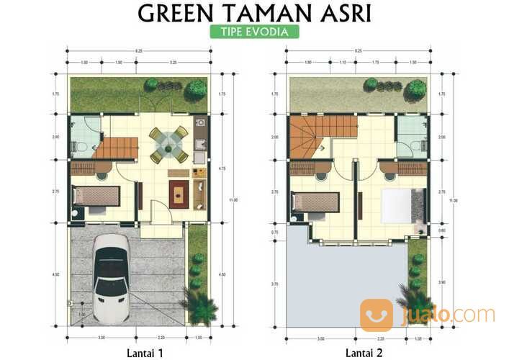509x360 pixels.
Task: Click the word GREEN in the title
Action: click(x=176, y=13)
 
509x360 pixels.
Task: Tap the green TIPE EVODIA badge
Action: click(x=255, y=32)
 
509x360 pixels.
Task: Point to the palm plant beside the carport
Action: click(x=199, y=307)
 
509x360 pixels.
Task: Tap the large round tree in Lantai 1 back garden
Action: click(x=195, y=89)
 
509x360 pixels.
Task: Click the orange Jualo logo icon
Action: click(x=377, y=315)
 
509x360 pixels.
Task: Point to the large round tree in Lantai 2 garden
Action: click(x=415, y=89)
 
